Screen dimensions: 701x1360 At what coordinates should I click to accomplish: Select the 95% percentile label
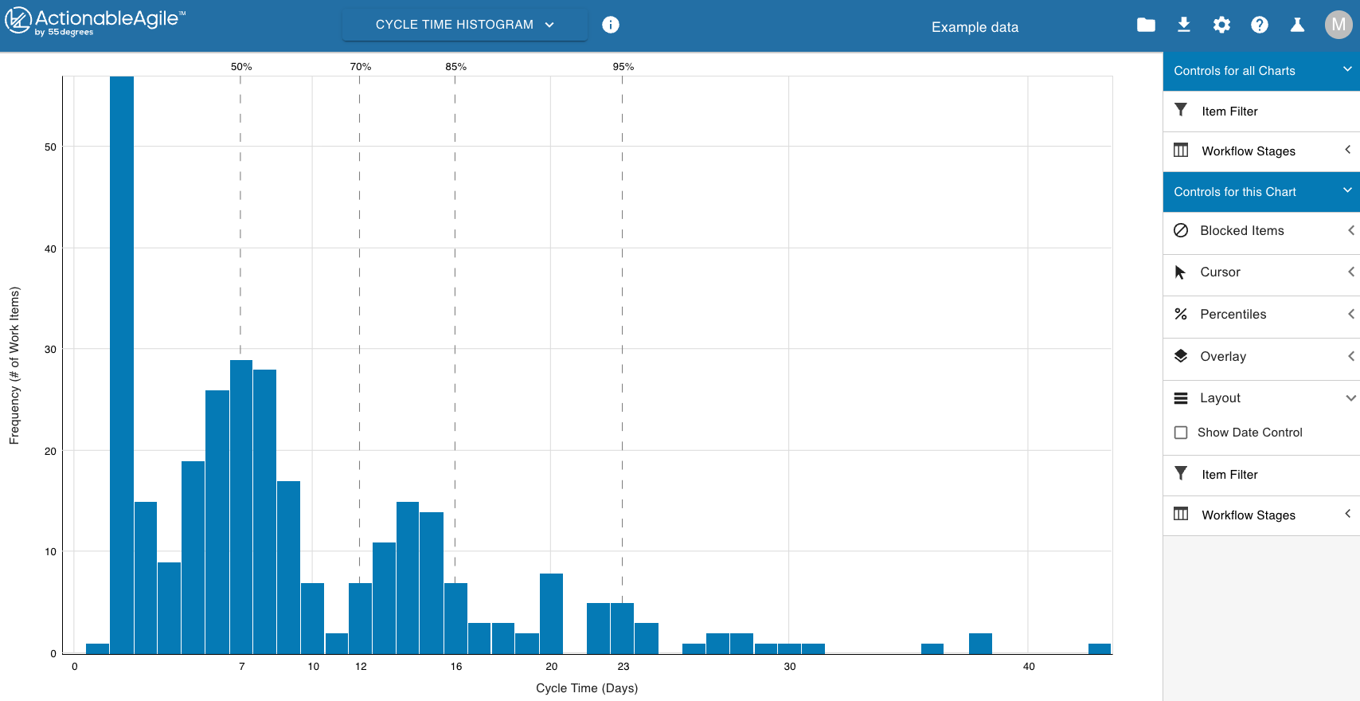[623, 67]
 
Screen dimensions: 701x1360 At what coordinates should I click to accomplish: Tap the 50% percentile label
[241, 67]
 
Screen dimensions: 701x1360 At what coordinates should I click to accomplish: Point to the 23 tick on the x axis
[623, 667]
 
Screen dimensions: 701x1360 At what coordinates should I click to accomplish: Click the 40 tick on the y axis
[50, 249]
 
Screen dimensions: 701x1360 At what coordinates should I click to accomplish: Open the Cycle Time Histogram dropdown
[464, 25]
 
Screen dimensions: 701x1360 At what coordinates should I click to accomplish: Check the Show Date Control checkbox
[1181, 433]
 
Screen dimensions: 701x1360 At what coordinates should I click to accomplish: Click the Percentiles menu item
[1233, 315]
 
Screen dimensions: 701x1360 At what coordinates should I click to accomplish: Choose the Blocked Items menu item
[1241, 231]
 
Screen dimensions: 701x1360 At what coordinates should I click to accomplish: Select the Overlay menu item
[1223, 357]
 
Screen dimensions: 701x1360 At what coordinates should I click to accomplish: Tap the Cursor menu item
[1220, 272]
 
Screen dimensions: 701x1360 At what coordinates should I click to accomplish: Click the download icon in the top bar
[1184, 25]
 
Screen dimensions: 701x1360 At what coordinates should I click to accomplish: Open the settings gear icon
[1221, 25]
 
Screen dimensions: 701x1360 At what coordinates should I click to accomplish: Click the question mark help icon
[1259, 25]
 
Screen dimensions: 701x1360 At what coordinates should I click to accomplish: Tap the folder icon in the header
[1146, 25]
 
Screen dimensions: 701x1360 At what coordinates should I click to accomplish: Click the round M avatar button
[1339, 25]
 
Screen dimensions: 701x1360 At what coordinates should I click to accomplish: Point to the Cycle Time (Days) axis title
[587, 688]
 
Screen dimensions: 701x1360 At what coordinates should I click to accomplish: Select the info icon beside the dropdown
[611, 25]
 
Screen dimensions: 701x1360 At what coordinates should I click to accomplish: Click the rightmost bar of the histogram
[1100, 648]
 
